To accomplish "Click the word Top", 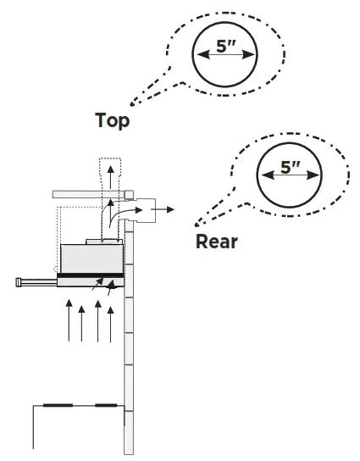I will [112, 120].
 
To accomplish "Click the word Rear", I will [217, 242].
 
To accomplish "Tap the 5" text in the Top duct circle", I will [225, 47].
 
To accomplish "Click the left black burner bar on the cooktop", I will [57, 406].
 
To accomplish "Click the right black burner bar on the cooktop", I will [106, 406].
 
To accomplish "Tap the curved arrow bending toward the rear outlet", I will [124, 210].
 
